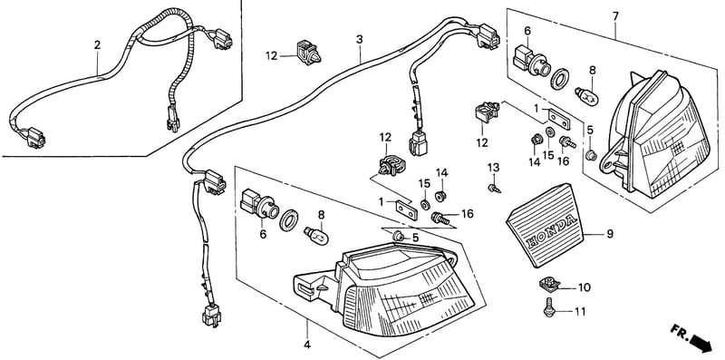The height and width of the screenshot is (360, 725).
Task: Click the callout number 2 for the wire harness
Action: [97, 44]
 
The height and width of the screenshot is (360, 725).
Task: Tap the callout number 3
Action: [359, 39]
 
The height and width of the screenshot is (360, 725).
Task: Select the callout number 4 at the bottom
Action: [307, 345]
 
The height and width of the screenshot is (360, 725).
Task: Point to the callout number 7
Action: [615, 16]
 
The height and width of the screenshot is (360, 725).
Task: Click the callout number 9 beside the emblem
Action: [610, 234]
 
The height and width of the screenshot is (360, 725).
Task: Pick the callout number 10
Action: [585, 287]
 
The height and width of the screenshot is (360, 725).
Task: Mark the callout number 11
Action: [580, 312]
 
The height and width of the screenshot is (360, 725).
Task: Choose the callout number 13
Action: [494, 167]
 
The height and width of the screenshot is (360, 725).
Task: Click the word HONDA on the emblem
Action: [553, 231]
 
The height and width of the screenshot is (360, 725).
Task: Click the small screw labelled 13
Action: [494, 189]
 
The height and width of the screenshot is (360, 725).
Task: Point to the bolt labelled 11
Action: [549, 307]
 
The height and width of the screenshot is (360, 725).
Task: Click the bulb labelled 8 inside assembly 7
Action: [587, 96]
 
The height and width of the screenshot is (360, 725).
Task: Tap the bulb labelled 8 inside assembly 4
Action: [316, 236]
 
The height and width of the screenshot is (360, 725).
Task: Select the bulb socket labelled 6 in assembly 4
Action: [258, 205]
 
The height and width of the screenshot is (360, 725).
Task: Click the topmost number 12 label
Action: [272, 56]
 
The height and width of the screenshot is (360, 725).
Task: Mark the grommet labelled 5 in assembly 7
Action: [590, 155]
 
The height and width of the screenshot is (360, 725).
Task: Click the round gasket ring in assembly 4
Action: [289, 220]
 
